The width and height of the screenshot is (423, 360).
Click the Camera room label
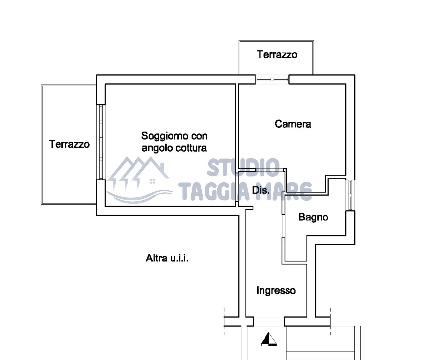tap(293, 124)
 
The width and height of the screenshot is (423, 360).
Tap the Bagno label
tap(313, 217)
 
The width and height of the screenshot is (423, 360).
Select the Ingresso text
tap(276, 291)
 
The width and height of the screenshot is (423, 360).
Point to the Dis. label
tap(261, 190)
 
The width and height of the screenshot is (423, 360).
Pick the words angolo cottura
tap(174, 148)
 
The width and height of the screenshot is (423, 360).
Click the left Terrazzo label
tap(69, 144)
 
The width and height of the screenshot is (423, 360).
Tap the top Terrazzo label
tap(277, 54)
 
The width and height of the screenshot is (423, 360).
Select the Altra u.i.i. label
tap(167, 258)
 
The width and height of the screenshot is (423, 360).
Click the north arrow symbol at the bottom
tap(269, 339)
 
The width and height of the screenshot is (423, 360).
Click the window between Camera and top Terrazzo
tap(272, 79)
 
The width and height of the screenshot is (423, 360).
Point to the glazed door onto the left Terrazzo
tap(101, 142)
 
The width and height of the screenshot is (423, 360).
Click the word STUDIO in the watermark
tap(243, 167)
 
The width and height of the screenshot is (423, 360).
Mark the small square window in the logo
tap(152, 181)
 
